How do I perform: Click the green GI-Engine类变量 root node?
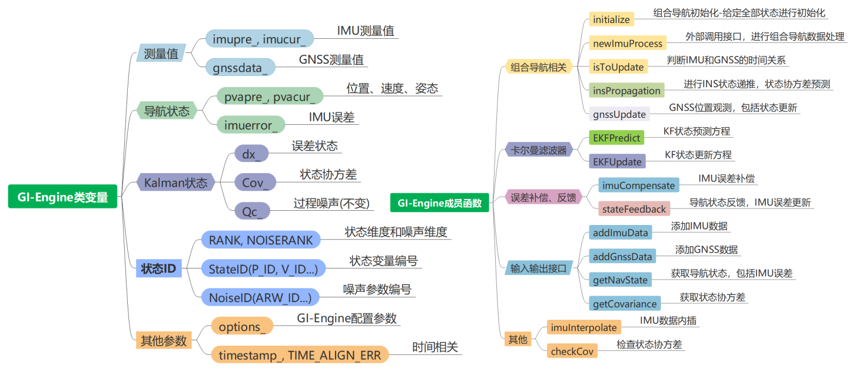pyautogui.click(x=62, y=197)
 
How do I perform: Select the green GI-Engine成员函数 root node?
pyautogui.click(x=439, y=203)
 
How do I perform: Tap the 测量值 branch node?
pyautogui.click(x=161, y=54)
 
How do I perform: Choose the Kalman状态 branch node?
pyautogui.click(x=175, y=183)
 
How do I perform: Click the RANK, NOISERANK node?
pyautogui.click(x=261, y=239)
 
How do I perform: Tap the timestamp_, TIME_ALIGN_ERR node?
pyautogui.click(x=300, y=355)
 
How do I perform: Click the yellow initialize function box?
pyautogui.click(x=611, y=19)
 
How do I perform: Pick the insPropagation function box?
pyautogui.click(x=626, y=90)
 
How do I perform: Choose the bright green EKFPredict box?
pyautogui.click(x=616, y=137)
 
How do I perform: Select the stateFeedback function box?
pyautogui.click(x=633, y=208)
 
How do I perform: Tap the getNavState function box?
pyautogui.click(x=620, y=280)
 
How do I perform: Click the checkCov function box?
pyautogui.click(x=572, y=351)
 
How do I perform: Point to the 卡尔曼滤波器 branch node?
pyautogui.click(x=539, y=150)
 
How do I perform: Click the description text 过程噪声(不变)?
pyautogui.click(x=331, y=204)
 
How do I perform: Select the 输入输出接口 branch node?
pyautogui.click(x=538, y=268)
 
